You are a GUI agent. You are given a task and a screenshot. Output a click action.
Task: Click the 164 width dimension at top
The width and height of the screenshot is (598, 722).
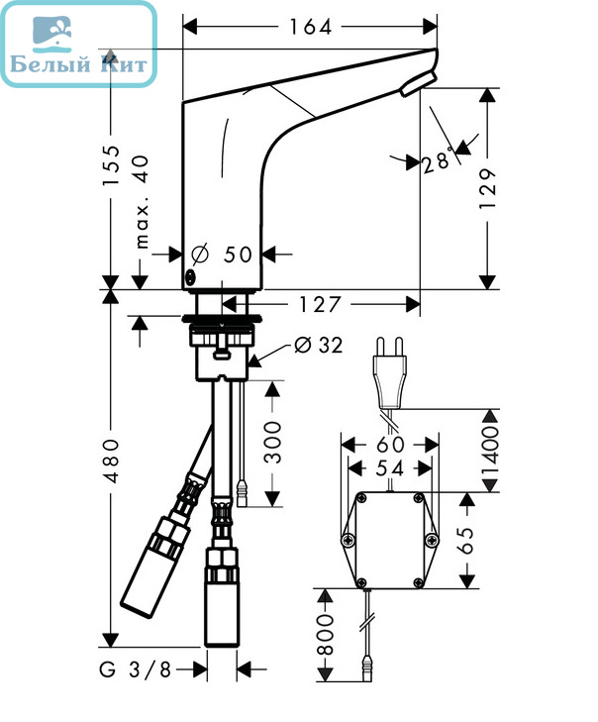click(x=310, y=27)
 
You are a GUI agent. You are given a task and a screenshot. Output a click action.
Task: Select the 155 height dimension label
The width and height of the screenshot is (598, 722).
click(x=112, y=165)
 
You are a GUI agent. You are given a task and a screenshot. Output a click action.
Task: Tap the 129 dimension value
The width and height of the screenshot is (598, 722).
click(x=488, y=189)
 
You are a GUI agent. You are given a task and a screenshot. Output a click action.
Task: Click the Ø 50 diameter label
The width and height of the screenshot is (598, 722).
click(x=223, y=254)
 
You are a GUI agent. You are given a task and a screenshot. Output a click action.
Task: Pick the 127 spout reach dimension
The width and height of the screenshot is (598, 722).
click(x=320, y=304)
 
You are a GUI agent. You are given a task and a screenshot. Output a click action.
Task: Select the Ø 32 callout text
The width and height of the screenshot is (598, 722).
click(x=319, y=345)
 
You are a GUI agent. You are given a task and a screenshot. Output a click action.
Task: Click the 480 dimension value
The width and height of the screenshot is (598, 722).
click(x=112, y=461)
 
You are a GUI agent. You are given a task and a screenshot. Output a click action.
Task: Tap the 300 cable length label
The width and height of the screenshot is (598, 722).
click(x=272, y=442)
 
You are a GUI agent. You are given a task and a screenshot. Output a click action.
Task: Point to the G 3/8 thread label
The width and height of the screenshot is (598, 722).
click(x=135, y=670)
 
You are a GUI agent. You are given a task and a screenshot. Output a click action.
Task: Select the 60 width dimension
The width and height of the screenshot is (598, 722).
click(x=390, y=445)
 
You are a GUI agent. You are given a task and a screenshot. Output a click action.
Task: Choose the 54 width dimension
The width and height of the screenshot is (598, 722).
click(x=389, y=468)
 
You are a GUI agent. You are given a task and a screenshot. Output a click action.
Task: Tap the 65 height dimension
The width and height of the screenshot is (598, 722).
click(x=466, y=540)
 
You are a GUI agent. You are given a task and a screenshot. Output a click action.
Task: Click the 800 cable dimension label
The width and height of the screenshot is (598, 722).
click(x=326, y=635)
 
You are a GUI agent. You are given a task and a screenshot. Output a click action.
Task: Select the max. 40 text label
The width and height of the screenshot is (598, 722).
click(x=143, y=202)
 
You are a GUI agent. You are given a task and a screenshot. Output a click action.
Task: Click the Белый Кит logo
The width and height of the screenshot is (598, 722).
click(x=79, y=44)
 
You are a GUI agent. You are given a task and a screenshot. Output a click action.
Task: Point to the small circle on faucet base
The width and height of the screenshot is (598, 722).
click(x=190, y=277)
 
